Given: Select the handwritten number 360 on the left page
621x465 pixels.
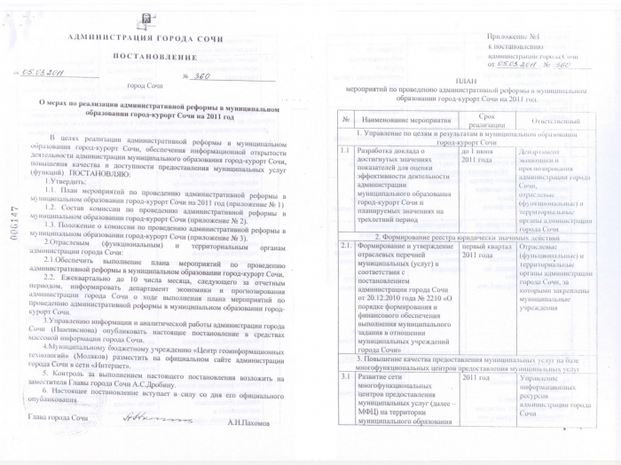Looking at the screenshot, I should point(203,75).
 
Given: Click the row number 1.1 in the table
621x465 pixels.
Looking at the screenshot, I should point(345,152).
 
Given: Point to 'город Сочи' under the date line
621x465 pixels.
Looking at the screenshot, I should point(146,86).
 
